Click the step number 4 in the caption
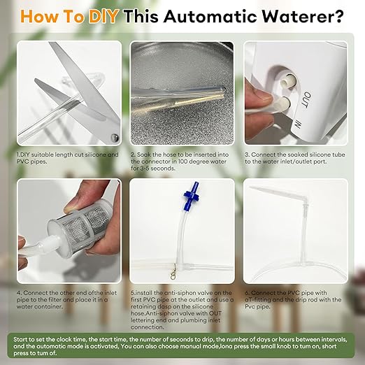pyautogui.click(x=19, y=291)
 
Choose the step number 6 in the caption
pyautogui.click(x=246, y=291)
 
